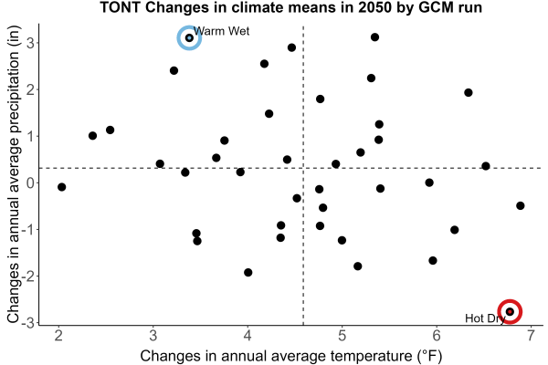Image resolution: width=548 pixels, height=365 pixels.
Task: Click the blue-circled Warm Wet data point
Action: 189,37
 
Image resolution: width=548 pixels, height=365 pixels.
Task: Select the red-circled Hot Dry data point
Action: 510,311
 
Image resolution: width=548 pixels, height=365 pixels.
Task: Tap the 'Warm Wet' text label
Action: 222,31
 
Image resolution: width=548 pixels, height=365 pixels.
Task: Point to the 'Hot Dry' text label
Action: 485,318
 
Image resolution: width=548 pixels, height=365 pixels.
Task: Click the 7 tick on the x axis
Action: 532,336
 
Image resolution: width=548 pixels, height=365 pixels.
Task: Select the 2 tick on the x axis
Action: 58,336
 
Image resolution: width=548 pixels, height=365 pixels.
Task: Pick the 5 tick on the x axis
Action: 342,336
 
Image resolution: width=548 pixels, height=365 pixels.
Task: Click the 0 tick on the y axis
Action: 30,182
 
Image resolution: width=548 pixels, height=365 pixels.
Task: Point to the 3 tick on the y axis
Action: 30,43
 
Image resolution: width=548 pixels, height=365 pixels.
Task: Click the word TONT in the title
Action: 121,7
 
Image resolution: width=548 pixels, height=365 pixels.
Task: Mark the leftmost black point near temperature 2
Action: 62,187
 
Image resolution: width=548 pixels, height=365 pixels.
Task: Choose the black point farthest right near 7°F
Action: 521,205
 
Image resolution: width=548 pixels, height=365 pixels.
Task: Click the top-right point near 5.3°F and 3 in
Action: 375,37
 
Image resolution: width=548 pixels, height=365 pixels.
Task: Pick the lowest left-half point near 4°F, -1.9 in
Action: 248,273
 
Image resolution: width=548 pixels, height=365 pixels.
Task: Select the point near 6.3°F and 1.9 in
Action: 469,92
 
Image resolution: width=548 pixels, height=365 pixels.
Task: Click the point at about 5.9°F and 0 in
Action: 429,182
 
